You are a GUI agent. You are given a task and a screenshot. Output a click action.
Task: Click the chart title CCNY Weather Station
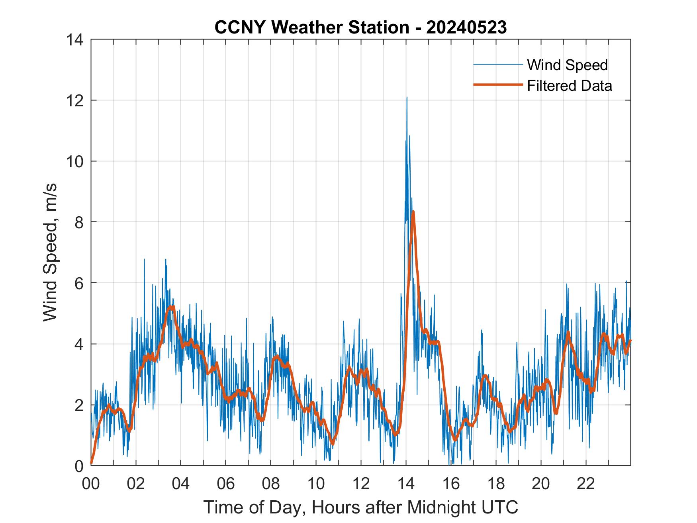[311, 27]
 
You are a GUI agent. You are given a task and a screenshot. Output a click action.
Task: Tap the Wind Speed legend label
[567, 65]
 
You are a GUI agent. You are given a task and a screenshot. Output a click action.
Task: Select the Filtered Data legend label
[569, 86]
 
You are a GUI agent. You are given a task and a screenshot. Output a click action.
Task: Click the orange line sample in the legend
[498, 85]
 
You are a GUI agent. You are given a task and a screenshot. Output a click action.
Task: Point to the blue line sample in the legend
[498, 65]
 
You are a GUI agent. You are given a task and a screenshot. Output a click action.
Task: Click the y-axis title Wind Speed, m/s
[50, 252]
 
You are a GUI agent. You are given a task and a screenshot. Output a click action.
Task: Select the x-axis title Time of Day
[360, 507]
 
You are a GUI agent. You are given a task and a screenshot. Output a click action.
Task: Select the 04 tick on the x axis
[181, 484]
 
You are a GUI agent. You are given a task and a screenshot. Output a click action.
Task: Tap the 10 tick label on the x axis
[316, 484]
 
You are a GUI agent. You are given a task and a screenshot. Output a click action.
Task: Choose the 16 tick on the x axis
[451, 484]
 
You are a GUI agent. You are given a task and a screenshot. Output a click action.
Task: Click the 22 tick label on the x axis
[586, 484]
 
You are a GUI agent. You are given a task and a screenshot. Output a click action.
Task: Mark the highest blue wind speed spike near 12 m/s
[407, 98]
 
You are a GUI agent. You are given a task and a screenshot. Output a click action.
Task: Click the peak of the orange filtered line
[413, 212]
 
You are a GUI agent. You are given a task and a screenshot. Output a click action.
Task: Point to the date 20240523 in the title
[466, 27]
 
